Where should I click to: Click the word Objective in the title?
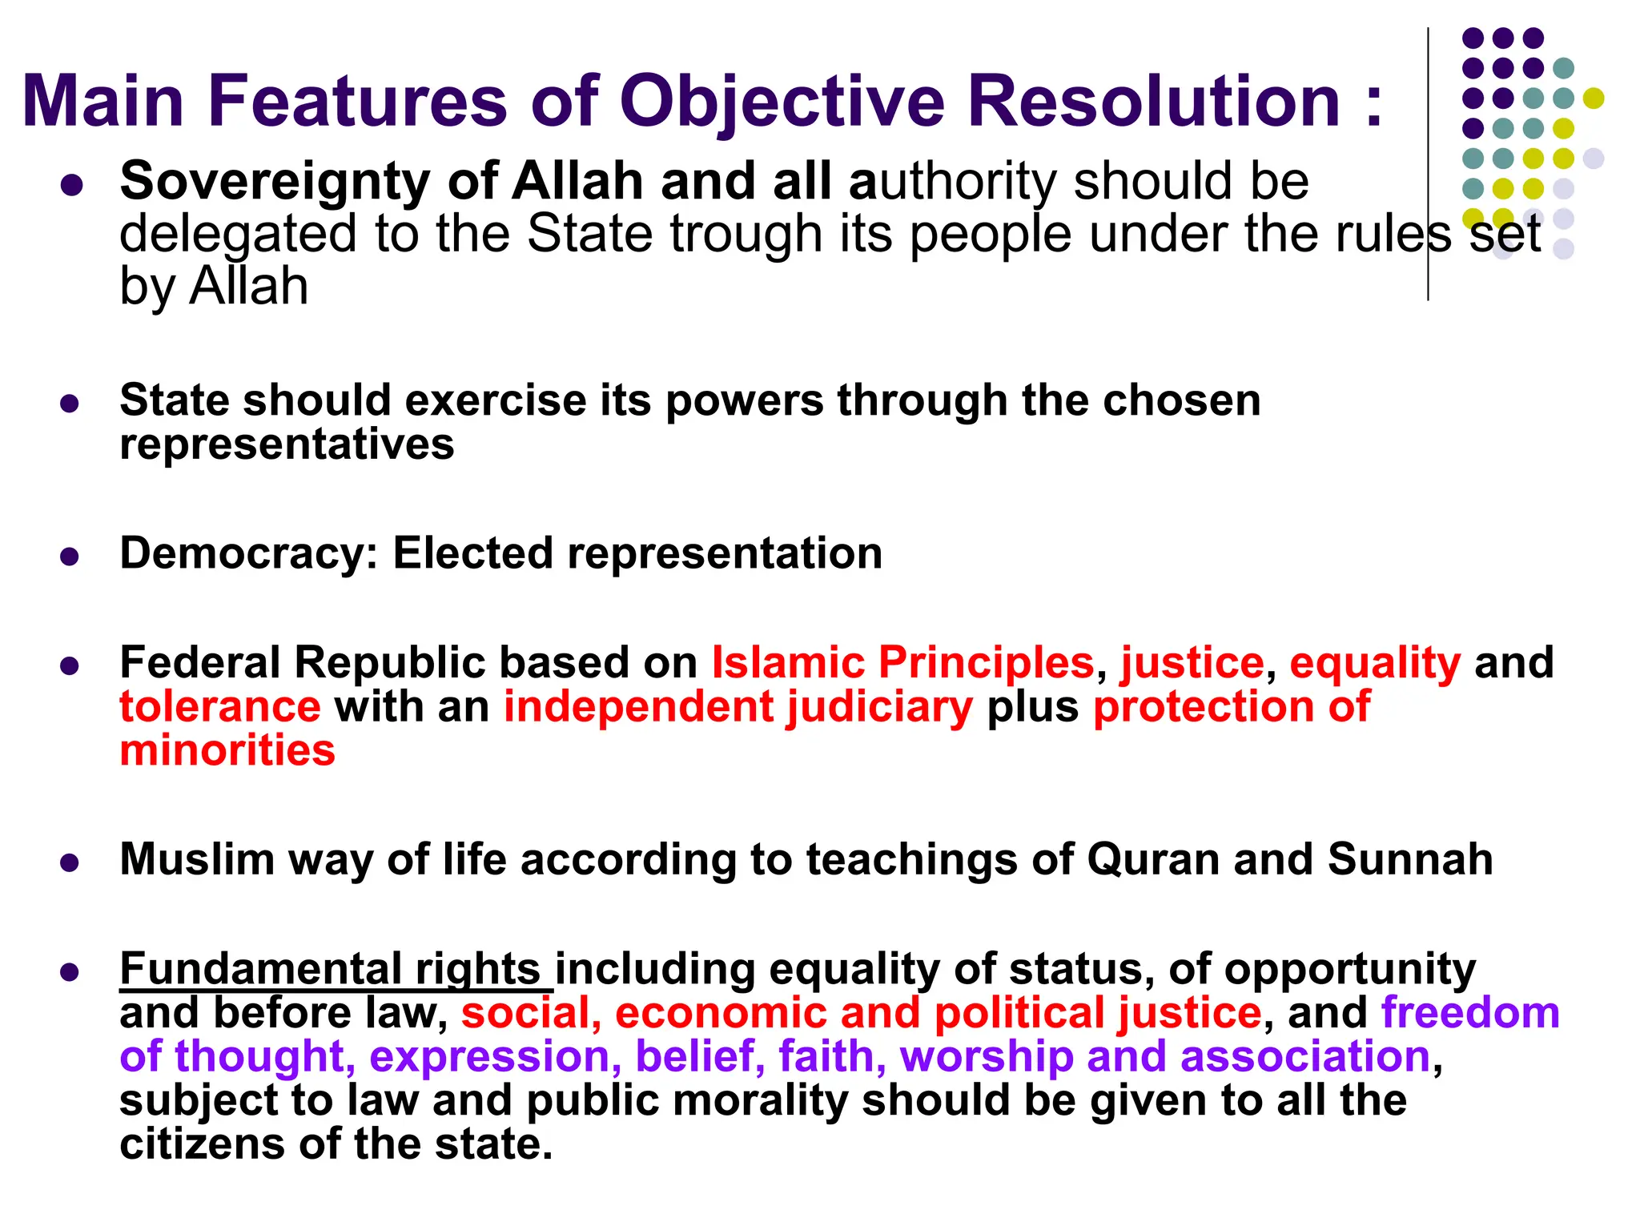click(782, 102)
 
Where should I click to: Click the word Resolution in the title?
click(1153, 102)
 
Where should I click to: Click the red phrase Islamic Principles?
click(902, 663)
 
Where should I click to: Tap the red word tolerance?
click(220, 707)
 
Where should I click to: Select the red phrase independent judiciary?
click(738, 707)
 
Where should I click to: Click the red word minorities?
click(227, 751)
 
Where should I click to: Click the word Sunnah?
click(1410, 859)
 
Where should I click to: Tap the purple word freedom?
click(1470, 1013)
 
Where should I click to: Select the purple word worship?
click(987, 1057)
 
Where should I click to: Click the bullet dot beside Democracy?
click(70, 557)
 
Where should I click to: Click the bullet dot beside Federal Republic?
click(70, 666)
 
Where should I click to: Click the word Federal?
click(199, 663)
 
